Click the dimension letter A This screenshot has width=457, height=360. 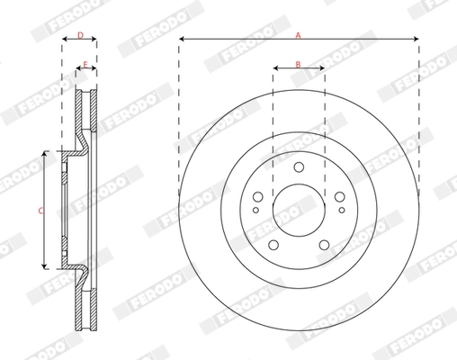coord(299,32)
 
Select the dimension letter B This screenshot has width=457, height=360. coord(299,65)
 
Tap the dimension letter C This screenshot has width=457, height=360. coord(39,211)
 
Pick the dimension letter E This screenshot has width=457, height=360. coord(86,65)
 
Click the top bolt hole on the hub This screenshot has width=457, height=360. coord(299,166)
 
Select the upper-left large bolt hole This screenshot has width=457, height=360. coord(259,196)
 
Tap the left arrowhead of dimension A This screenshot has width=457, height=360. coord(181,39)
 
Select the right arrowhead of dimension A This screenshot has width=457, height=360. coord(417,39)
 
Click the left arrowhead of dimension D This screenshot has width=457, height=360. coord(64,40)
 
